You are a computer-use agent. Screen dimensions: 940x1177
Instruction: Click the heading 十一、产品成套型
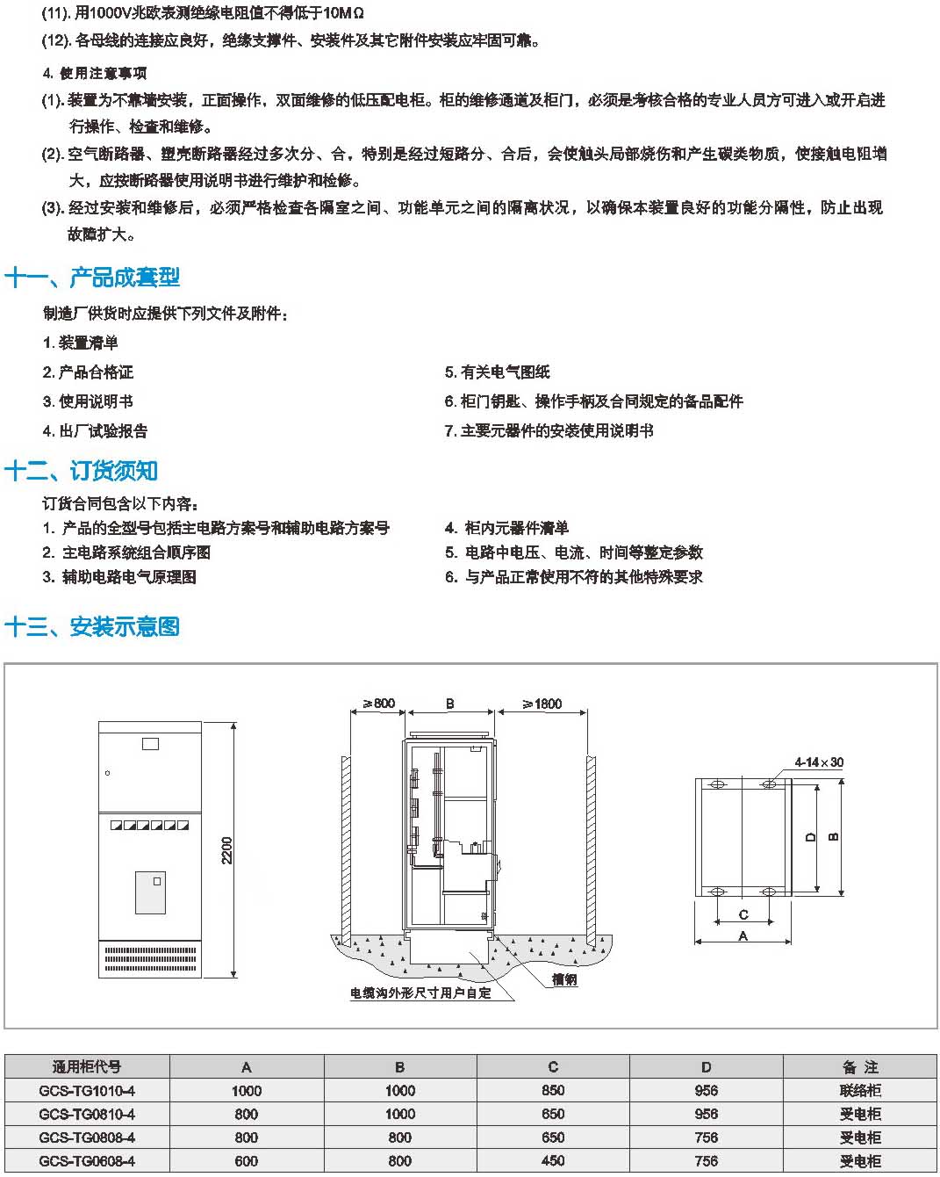(x=92, y=277)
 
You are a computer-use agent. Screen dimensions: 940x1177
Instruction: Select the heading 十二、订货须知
(x=81, y=470)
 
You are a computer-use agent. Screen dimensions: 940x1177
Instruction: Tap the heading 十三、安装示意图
(x=92, y=626)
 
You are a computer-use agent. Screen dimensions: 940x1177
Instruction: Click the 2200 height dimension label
(x=226, y=850)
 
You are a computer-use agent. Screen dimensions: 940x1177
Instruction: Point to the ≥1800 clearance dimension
(x=542, y=704)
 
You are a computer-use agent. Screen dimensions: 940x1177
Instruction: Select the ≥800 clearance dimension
(x=378, y=703)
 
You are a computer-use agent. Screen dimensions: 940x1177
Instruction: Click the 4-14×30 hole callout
(x=819, y=762)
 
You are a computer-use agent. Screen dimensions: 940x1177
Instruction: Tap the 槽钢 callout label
(x=564, y=979)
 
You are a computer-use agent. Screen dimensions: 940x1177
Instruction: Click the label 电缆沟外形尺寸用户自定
(x=420, y=993)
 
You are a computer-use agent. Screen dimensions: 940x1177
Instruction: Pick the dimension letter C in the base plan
(x=743, y=914)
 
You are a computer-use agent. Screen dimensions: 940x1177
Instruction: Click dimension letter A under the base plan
(x=743, y=935)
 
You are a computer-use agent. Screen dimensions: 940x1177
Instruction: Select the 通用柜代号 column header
(x=87, y=1066)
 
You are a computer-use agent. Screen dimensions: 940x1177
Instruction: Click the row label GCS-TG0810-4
(x=87, y=1114)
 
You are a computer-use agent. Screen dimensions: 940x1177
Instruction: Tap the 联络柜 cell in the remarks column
(x=859, y=1091)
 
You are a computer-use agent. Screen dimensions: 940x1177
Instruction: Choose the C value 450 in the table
(x=553, y=1161)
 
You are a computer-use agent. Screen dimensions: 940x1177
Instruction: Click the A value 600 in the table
(x=246, y=1161)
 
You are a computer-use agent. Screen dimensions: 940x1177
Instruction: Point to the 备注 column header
(x=859, y=1066)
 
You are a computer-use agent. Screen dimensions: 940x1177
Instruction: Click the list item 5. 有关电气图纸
(x=498, y=372)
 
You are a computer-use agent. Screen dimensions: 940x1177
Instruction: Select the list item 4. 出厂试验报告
(x=95, y=431)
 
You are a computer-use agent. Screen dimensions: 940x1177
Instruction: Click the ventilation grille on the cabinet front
(x=150, y=960)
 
